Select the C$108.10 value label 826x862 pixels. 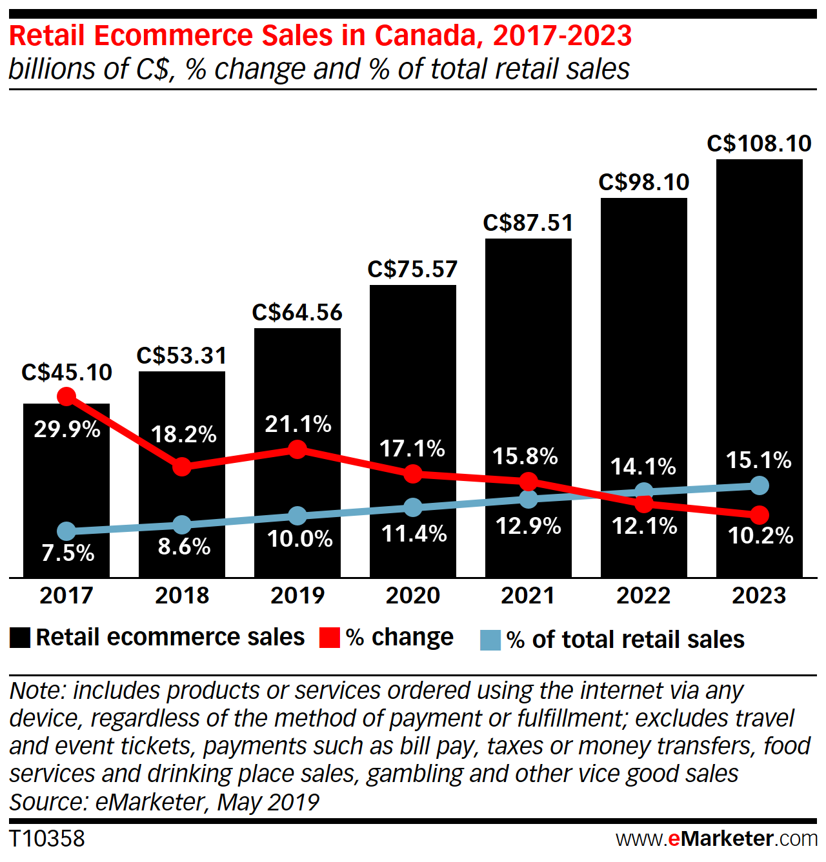759,143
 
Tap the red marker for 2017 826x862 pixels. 66,397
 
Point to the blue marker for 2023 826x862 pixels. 760,485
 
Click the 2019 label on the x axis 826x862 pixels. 297,595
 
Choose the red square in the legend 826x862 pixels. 330,638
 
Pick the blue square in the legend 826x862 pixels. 490,640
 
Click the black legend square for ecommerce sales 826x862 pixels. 20,638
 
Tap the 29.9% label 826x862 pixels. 67,429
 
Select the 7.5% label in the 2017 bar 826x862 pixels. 68,553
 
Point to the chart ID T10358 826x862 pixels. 47,838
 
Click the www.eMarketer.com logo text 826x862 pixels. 716,838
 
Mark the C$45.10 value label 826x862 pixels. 66,372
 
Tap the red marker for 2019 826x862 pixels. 297,449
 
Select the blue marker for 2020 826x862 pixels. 413,507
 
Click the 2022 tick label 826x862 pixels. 643,595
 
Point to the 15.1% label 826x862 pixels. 758,460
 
